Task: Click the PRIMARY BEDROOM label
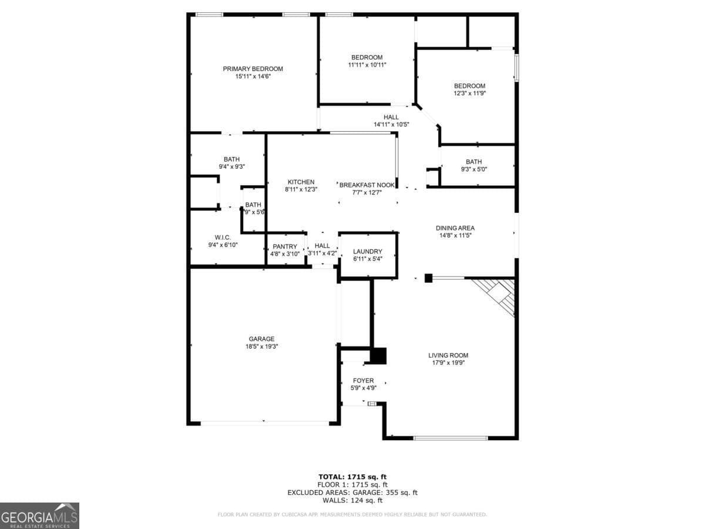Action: click(253, 69)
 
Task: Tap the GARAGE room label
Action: click(261, 339)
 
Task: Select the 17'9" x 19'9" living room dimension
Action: click(448, 363)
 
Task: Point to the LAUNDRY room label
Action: click(368, 252)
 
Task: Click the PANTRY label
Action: click(286, 246)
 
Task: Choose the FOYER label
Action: click(363, 380)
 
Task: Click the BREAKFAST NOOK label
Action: click(367, 185)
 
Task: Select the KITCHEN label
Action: click(301, 182)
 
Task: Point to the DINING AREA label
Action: click(455, 228)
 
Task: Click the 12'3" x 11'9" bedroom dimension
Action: click(469, 93)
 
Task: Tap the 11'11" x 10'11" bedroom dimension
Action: click(367, 65)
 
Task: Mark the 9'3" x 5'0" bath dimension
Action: click(474, 169)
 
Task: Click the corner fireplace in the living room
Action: click(497, 295)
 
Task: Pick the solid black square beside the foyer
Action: click(378, 356)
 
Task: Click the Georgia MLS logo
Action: click(39, 515)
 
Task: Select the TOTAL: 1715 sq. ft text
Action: click(352, 477)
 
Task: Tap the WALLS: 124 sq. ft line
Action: click(352, 501)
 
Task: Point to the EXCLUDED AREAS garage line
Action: click(352, 493)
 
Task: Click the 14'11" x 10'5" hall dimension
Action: click(391, 125)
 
